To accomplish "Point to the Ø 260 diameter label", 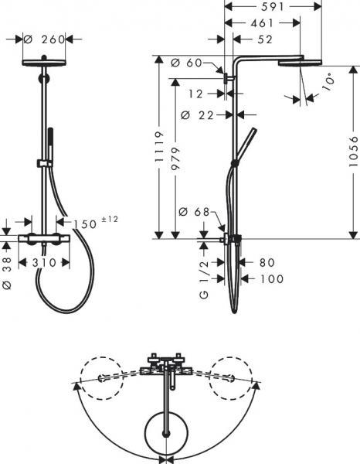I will pos(42,38).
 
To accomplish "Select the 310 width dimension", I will pos(46,262).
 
